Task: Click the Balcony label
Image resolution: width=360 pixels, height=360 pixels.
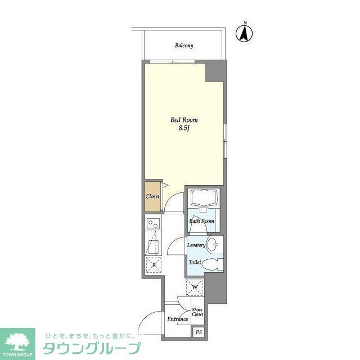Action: (184, 46)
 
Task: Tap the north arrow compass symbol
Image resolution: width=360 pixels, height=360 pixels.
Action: (245, 33)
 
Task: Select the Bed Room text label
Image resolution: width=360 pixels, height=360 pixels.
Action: (184, 120)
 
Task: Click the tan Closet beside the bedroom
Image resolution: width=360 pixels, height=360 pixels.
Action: (152, 196)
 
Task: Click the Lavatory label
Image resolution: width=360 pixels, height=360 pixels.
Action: (196, 245)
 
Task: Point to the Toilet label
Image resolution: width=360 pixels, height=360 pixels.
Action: (195, 262)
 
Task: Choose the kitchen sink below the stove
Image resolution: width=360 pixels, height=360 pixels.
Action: (152, 245)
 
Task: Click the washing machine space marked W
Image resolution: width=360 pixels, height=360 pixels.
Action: (195, 289)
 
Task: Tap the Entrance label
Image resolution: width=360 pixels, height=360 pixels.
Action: (177, 319)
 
